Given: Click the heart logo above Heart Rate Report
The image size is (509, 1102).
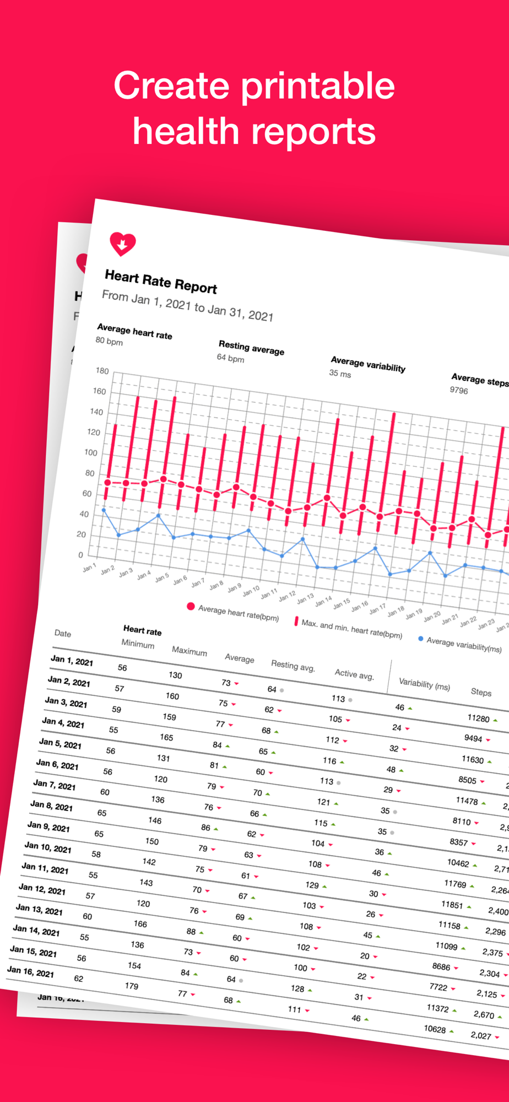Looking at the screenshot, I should (x=122, y=244).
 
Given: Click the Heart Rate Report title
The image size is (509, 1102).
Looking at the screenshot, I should (x=161, y=282).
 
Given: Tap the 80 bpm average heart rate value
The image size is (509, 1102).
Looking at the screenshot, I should (x=109, y=342).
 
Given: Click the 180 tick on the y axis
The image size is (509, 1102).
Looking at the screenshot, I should (x=102, y=371).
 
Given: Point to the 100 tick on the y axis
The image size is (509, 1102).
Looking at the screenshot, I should (x=91, y=452).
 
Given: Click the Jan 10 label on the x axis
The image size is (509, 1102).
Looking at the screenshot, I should (x=251, y=591).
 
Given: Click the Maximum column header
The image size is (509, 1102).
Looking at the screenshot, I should (x=189, y=651).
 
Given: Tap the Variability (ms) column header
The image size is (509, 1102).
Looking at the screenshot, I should (x=424, y=684).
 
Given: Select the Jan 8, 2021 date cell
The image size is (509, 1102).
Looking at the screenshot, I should (x=51, y=806).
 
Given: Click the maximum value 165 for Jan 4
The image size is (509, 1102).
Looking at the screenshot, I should (x=166, y=737).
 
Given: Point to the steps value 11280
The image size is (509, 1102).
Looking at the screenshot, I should (x=478, y=718).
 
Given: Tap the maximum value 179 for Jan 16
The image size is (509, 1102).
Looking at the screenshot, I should (x=131, y=986).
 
